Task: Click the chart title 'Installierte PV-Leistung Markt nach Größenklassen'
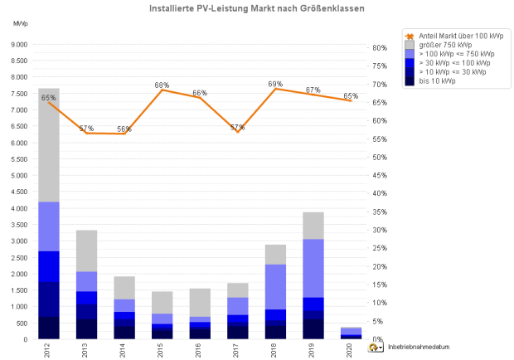pyautogui.click(x=256, y=9)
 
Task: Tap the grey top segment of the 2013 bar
pyautogui.click(x=87, y=251)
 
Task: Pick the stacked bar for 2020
pyautogui.click(x=352, y=333)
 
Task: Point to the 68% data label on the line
pyautogui.click(x=162, y=85)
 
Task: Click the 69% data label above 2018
pyautogui.click(x=275, y=85)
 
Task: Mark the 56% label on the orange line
pyautogui.click(x=124, y=129)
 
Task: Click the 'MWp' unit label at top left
pyautogui.click(x=20, y=22)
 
